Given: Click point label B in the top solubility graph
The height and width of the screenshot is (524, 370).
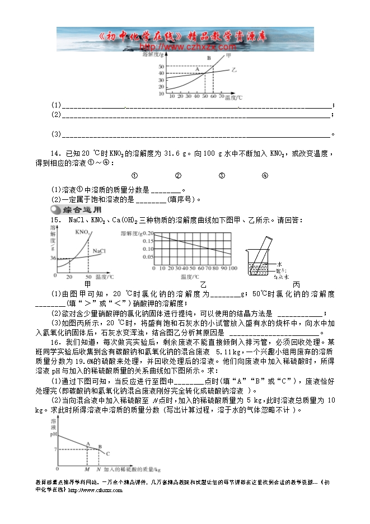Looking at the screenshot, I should click(x=208, y=58).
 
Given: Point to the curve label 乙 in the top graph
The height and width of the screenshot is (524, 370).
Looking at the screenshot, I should click(x=233, y=71).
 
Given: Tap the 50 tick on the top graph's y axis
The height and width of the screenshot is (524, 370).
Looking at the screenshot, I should click(x=162, y=67).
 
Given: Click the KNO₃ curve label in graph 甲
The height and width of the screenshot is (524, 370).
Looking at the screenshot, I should click(x=82, y=232).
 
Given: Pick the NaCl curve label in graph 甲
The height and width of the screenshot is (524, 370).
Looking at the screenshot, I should click(x=99, y=251).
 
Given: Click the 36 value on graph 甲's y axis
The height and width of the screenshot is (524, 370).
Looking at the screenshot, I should click(x=53, y=258).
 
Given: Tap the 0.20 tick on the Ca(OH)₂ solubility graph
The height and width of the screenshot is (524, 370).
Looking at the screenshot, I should click(x=148, y=232).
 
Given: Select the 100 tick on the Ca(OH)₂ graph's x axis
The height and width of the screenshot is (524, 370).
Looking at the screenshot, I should click(x=232, y=269).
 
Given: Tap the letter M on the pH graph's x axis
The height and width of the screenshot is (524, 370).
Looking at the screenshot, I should click(x=87, y=469).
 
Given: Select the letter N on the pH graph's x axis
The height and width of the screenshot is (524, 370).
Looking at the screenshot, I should click(x=99, y=469).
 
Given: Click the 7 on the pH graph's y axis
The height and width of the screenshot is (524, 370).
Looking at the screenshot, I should click(x=55, y=449).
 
